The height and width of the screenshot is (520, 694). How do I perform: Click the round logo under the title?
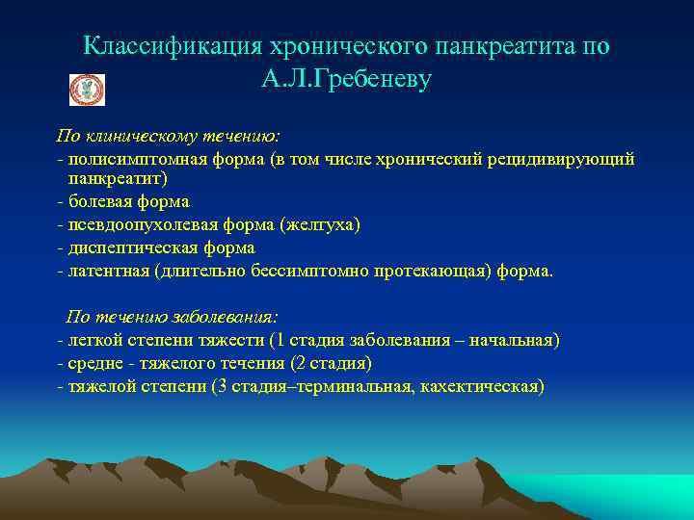click(87, 90)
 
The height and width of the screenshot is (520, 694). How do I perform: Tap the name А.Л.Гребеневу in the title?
click(346, 80)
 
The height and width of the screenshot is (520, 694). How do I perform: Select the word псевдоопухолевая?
click(143, 224)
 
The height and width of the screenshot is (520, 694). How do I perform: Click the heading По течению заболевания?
click(172, 317)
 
